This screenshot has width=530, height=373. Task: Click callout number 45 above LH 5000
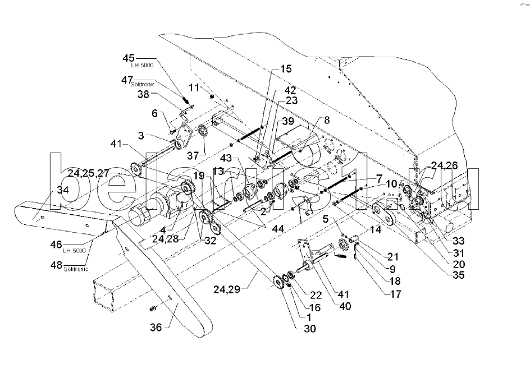click(x=129, y=58)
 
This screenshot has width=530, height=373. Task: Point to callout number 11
click(x=194, y=88)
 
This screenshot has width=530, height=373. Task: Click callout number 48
click(x=57, y=264)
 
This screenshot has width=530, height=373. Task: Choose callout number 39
click(x=287, y=122)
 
